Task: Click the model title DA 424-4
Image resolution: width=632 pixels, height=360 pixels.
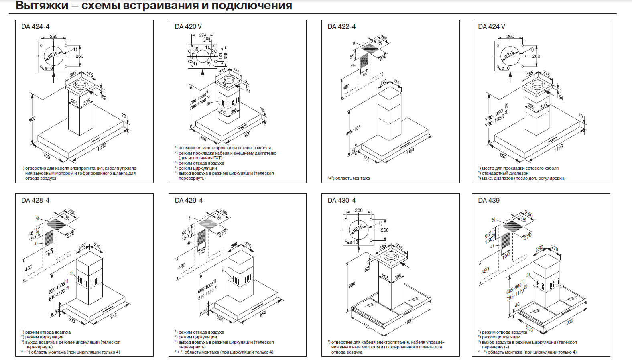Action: coord(35,27)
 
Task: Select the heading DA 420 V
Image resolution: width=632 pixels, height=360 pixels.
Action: coord(188,27)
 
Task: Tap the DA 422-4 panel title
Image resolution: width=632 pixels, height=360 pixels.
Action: coord(341,27)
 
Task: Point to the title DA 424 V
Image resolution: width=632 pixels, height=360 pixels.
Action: coord(492,27)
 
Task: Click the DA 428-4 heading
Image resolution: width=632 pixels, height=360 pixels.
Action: coord(35,201)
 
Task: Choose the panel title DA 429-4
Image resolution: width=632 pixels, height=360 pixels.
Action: coord(189,201)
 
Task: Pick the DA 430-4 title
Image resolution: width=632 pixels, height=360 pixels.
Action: coord(341,201)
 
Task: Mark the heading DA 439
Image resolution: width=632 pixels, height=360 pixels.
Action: coord(489,201)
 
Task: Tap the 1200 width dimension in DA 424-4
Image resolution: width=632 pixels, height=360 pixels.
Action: coord(102,146)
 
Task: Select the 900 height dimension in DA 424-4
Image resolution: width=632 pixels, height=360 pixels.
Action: coord(33,119)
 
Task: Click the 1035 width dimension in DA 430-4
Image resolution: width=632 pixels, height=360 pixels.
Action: coord(409,321)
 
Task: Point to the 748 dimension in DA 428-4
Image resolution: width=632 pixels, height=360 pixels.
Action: coord(114,316)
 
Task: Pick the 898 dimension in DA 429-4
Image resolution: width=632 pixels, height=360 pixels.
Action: coord(263,313)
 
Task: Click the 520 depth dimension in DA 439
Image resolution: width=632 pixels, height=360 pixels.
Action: coord(529,329)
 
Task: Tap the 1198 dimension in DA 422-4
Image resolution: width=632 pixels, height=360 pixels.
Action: coord(410,151)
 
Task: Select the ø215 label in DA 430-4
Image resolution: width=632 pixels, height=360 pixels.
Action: coord(358,228)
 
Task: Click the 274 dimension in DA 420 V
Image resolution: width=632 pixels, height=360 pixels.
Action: coord(203,35)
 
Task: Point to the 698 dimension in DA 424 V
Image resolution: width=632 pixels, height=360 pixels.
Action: coord(503,156)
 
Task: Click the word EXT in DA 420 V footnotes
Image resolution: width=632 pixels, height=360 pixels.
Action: coord(217,158)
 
